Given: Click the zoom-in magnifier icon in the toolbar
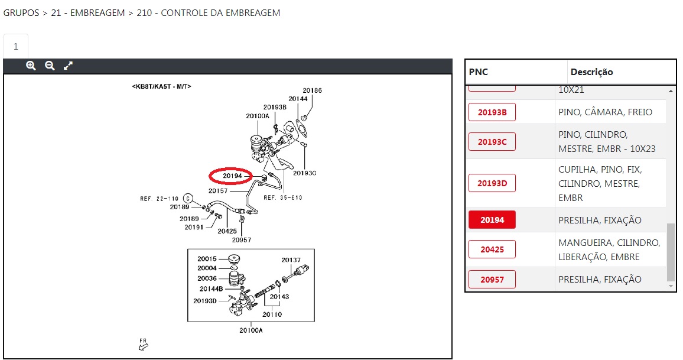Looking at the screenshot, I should (31, 66).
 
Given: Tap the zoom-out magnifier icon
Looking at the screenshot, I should (50, 66).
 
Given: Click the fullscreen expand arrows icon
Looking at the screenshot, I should (68, 66).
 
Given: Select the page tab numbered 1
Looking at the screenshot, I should (16, 47).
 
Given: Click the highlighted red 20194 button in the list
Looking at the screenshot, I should (492, 220).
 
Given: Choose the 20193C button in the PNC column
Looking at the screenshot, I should (492, 142).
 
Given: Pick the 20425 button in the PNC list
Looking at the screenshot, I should (492, 249).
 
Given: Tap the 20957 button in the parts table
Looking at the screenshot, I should (492, 279).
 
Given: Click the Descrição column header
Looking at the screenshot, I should (591, 72).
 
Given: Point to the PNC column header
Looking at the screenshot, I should (479, 72).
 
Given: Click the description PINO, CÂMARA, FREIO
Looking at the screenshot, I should (605, 112).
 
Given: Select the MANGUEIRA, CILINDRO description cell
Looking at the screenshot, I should (609, 249).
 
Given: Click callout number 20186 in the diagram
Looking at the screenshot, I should (313, 90).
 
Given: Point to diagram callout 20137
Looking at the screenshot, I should (291, 260).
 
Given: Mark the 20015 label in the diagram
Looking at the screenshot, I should (207, 259).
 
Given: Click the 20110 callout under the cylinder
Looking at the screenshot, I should (272, 314).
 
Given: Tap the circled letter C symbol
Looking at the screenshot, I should (188, 198).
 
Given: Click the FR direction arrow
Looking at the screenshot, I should (143, 345).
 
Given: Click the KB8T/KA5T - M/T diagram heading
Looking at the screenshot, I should (161, 86).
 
